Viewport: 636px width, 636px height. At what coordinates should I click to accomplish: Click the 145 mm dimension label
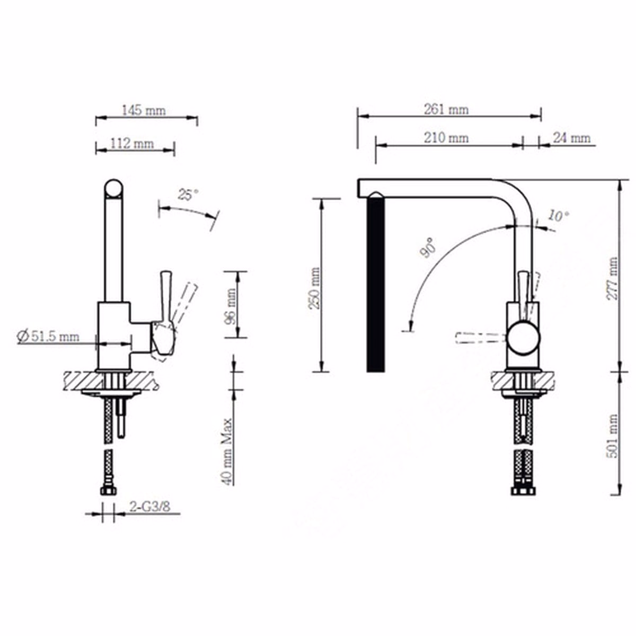(144, 110)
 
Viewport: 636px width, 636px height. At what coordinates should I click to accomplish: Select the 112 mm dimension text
(132, 144)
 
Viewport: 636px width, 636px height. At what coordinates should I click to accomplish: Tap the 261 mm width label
(446, 110)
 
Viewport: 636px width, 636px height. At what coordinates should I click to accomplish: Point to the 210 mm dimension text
(446, 138)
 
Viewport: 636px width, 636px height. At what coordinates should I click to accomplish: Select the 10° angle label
(559, 216)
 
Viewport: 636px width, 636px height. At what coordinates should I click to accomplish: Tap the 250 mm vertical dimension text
(314, 288)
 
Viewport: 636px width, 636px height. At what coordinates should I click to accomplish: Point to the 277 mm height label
(612, 278)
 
